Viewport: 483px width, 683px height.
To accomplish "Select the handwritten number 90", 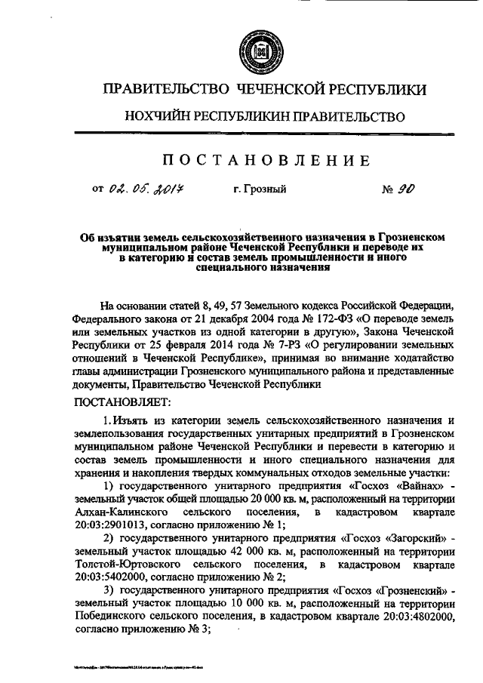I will click(x=405, y=189).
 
